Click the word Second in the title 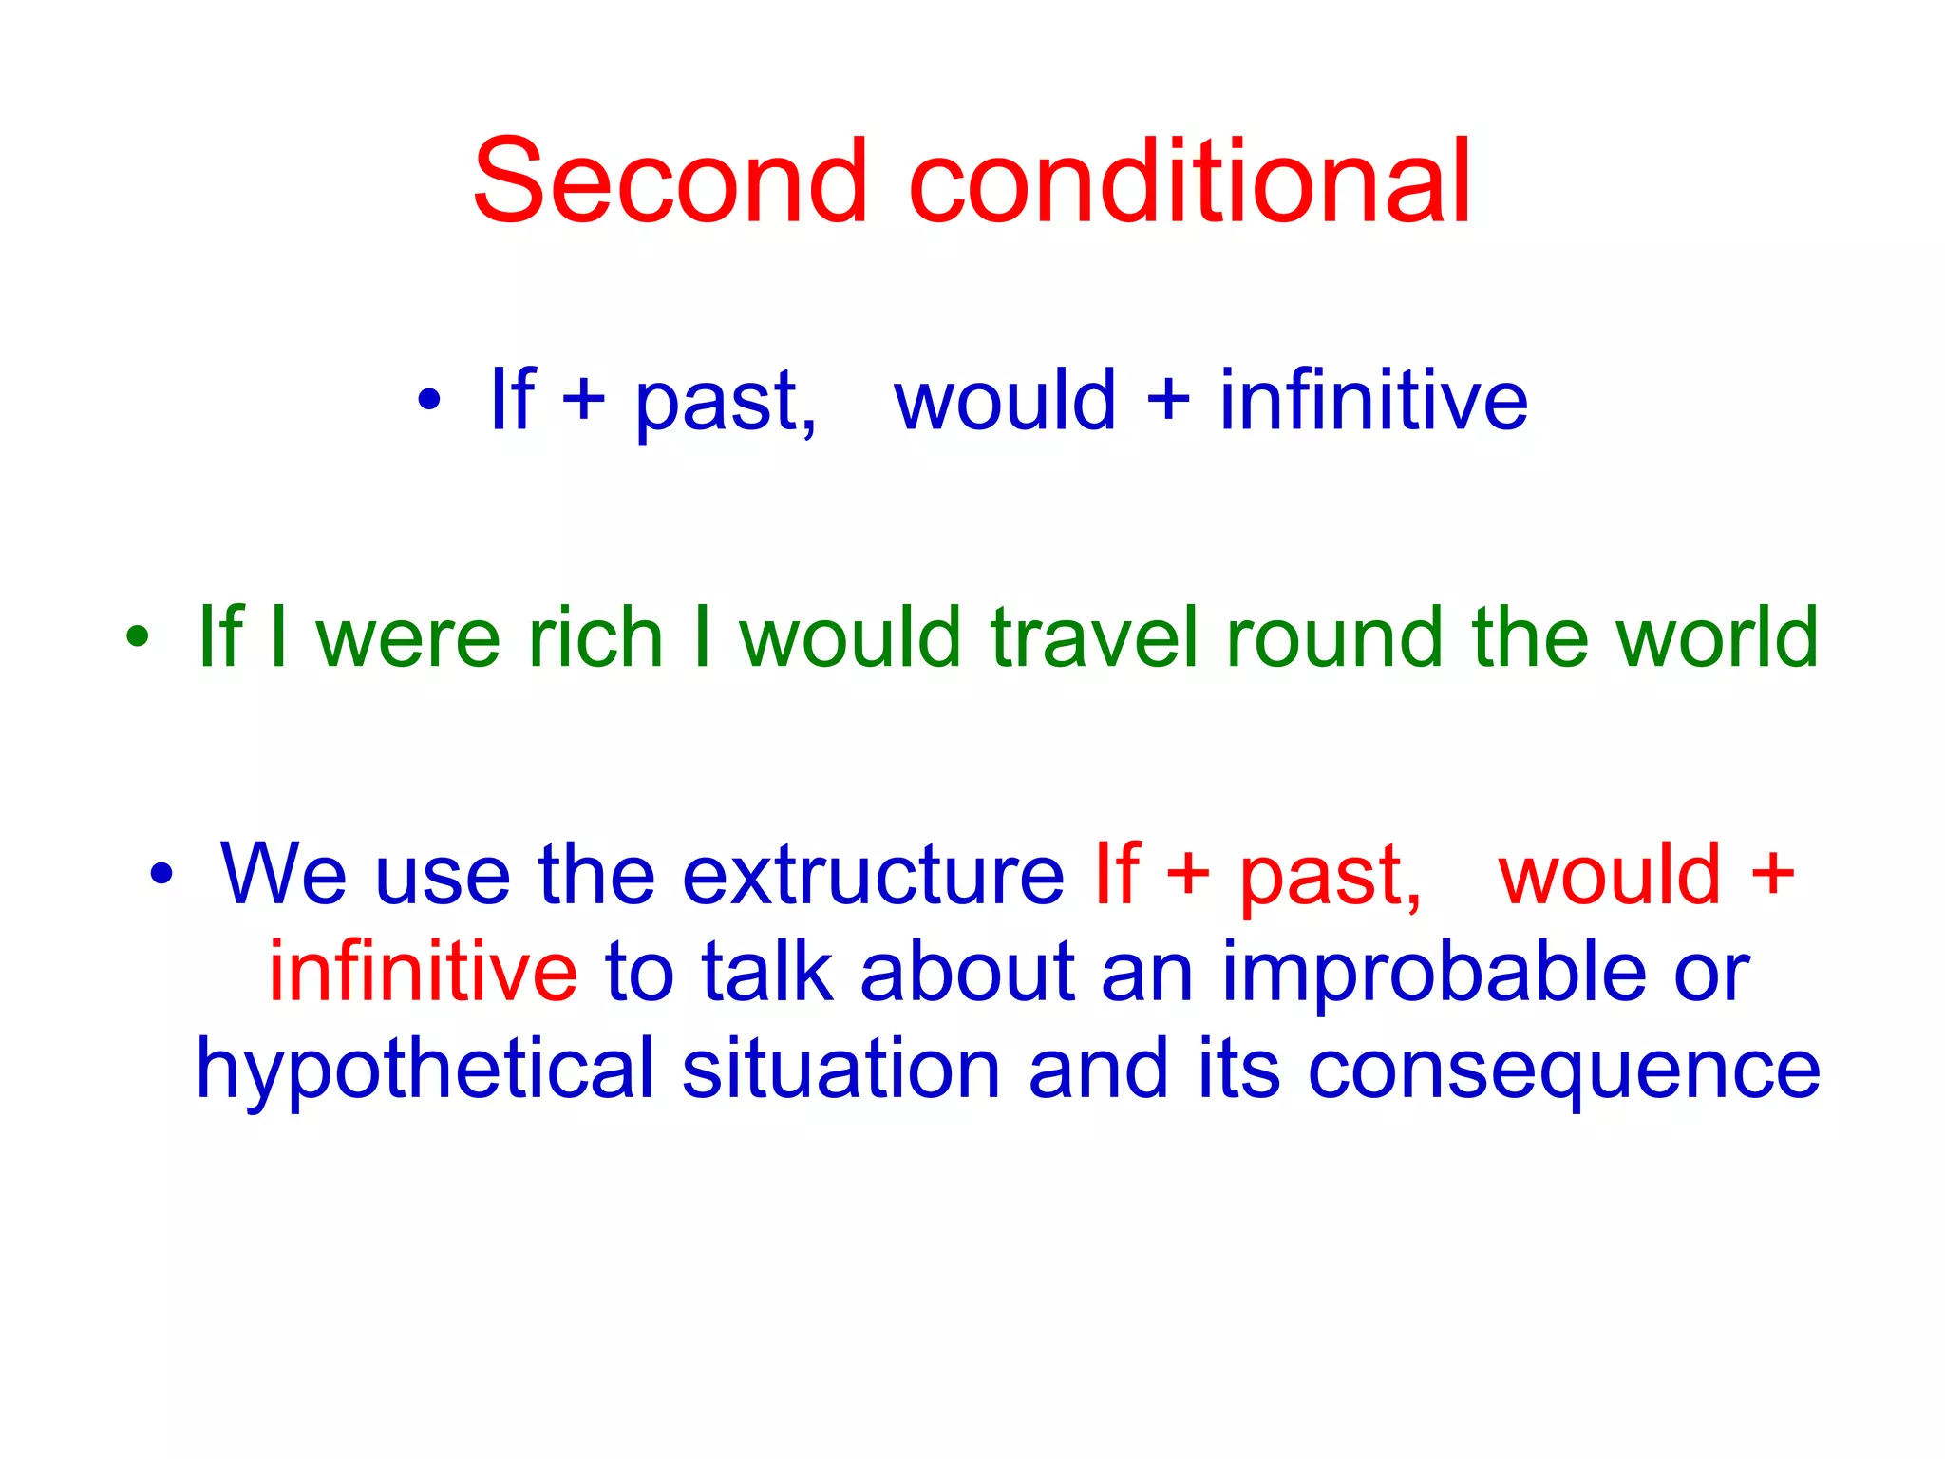[670, 181]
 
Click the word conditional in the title [1189, 181]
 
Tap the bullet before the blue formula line [429, 400]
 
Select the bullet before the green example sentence [138, 637]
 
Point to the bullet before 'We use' [161, 875]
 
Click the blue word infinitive [1373, 400]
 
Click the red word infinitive [423, 972]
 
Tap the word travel [1093, 637]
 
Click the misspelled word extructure [873, 875]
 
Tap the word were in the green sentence [407, 637]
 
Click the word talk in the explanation [767, 972]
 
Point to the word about [967, 972]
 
